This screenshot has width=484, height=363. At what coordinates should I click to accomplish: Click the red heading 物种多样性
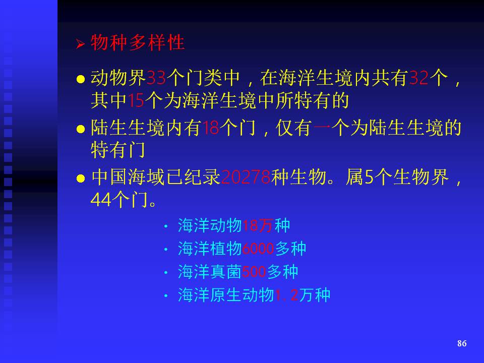coord(138,42)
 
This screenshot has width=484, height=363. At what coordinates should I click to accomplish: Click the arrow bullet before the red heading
coord(80,44)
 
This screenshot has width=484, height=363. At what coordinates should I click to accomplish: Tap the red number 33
coord(156,78)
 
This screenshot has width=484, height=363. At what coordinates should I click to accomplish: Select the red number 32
coord(418,78)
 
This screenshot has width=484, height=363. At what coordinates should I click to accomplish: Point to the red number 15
coord(136,100)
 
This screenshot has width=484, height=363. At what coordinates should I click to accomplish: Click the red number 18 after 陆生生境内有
coord(211,128)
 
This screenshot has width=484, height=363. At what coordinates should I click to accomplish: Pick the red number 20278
coord(246,177)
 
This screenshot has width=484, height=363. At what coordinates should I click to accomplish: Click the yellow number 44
coord(101,200)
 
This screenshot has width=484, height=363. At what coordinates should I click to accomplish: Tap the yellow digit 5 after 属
coord(369,177)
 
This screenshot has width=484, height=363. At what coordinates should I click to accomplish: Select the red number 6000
coord(258,249)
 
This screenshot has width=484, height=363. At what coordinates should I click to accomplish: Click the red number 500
coord(254,272)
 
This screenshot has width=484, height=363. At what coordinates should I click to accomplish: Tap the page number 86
coord(462,343)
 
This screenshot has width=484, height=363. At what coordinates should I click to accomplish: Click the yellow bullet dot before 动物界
coord(81,79)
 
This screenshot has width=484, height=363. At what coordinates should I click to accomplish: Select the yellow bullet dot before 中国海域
coord(81,178)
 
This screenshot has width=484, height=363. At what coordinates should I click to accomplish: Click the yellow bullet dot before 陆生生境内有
coord(81,129)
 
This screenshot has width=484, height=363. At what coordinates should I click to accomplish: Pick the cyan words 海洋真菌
coord(210,272)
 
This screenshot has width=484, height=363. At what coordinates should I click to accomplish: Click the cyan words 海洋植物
coord(210,249)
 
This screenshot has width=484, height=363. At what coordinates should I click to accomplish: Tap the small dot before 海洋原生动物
coord(166,296)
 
